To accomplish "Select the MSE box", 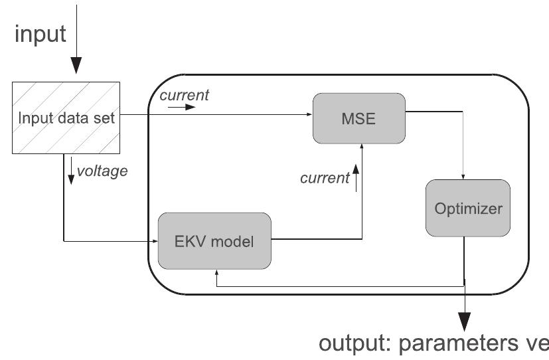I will pyautogui.click(x=359, y=118).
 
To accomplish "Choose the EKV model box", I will pyautogui.click(x=214, y=240).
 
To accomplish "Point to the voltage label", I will pyautogui.click(x=102, y=171).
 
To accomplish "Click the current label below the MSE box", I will pyautogui.click(x=324, y=177).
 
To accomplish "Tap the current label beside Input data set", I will pyautogui.click(x=184, y=95).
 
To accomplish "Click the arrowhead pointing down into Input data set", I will pyautogui.click(x=77, y=65).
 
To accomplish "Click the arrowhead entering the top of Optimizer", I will pyautogui.click(x=463, y=177).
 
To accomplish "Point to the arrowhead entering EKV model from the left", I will pyautogui.click(x=153, y=240).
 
